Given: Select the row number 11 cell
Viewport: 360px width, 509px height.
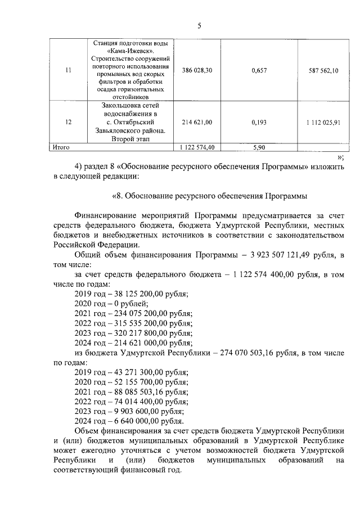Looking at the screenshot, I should click(69, 70).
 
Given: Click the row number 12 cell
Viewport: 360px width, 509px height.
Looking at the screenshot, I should click(69, 122).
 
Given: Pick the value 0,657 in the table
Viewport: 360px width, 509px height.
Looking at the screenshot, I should click(259, 70).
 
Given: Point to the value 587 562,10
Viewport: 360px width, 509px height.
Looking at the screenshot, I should click(323, 70).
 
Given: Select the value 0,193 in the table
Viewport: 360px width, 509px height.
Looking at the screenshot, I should click(259, 122).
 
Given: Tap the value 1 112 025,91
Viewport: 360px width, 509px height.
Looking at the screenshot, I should click(323, 122).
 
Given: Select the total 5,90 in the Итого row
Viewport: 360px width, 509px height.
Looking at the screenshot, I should click(259, 147).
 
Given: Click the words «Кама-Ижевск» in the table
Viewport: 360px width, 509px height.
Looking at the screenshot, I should click(132, 48).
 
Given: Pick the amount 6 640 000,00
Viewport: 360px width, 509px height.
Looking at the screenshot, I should click(139, 421).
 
